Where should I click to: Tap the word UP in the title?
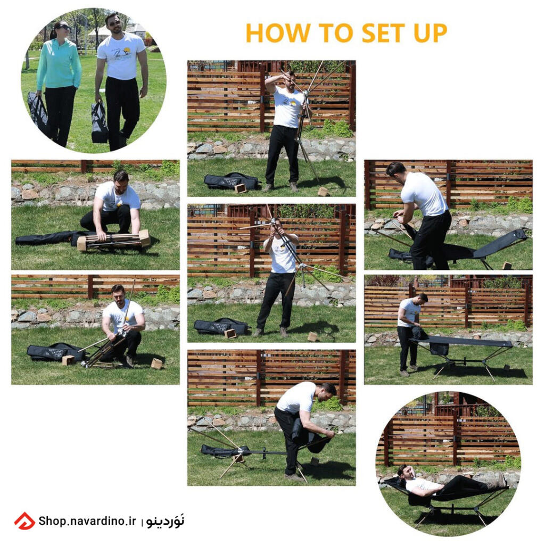[x=430, y=33]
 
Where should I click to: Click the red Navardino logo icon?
[x=24, y=521]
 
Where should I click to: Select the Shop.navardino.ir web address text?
[x=87, y=521]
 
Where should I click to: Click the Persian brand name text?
[x=166, y=521]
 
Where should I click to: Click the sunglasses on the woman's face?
[x=63, y=27]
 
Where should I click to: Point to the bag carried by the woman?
[x=38, y=111]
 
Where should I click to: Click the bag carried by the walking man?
[x=100, y=122]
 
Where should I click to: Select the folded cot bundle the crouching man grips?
[x=113, y=240]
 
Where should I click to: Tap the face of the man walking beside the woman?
[x=115, y=23]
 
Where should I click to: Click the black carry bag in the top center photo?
[x=232, y=181]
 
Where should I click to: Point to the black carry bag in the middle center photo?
[x=221, y=326]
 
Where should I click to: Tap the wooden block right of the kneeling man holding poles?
[x=156, y=364]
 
